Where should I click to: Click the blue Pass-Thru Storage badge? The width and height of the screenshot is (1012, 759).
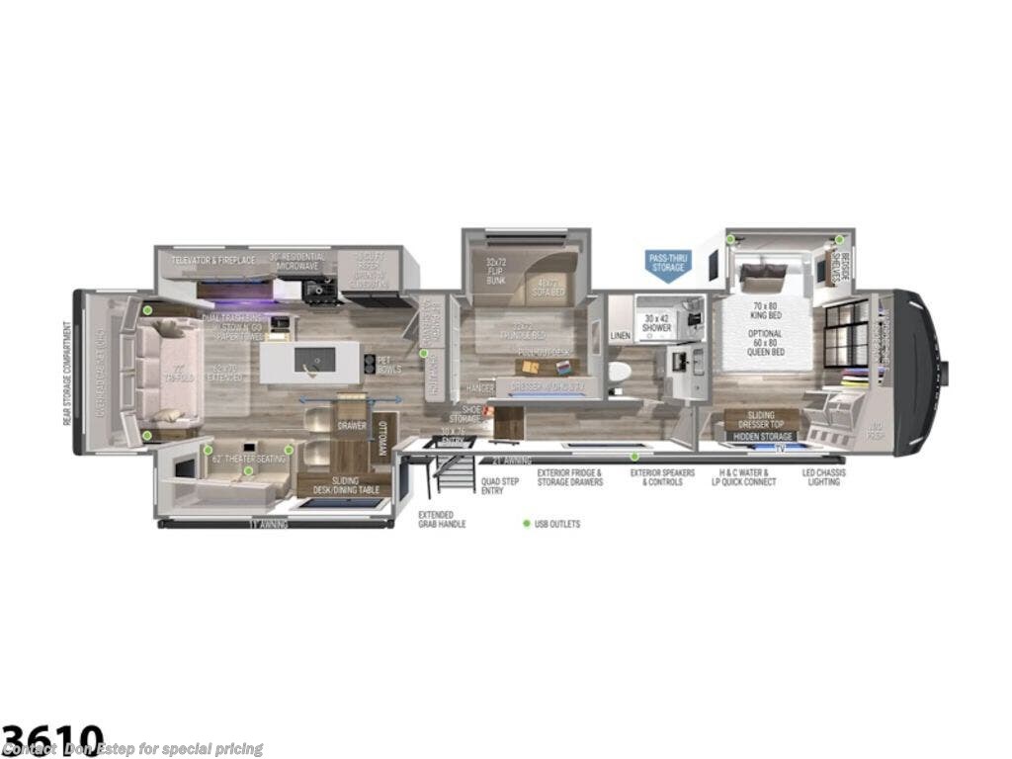669,265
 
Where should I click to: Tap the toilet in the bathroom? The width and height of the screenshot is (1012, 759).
620,372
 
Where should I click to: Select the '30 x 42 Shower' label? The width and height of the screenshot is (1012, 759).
657,323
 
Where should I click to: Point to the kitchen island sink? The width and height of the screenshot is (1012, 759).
313,362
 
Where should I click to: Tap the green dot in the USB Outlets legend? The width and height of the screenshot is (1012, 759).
526,524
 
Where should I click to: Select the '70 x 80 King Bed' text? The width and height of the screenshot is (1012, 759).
764,312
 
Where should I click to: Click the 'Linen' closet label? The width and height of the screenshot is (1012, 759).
620,336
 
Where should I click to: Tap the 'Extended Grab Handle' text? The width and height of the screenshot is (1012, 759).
442,519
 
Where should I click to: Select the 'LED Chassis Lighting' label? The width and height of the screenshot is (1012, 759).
823,477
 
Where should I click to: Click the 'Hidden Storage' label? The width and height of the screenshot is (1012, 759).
762,436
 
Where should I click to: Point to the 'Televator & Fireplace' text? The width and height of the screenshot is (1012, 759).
213,260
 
